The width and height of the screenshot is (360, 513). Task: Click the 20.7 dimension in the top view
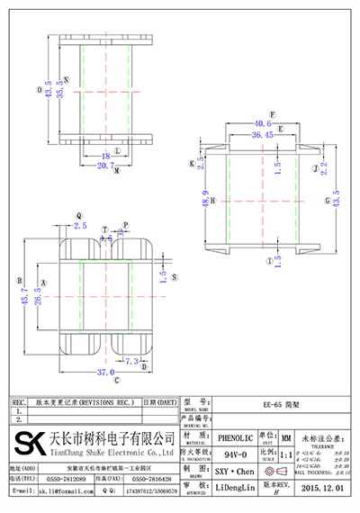(x=105, y=166)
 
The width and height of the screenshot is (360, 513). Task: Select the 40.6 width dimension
(x=263, y=123)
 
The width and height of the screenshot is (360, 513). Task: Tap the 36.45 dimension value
(x=263, y=135)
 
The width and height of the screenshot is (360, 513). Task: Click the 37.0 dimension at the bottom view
(x=106, y=371)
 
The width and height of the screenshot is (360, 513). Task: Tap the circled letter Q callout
(x=79, y=216)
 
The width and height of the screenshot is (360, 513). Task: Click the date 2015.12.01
(x=322, y=488)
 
